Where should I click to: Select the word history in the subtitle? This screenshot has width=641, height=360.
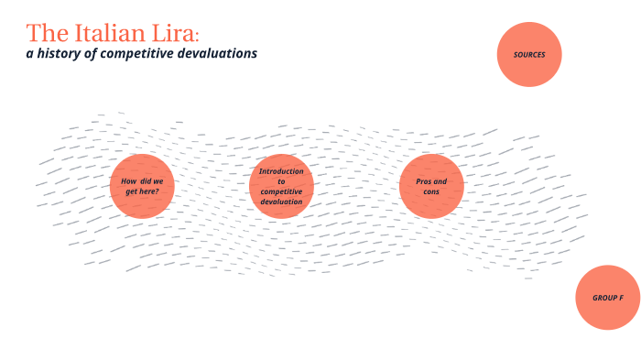tap(65, 53)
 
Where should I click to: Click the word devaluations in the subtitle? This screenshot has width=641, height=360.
tap(221, 53)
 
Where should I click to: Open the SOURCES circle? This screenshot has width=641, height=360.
tap(529, 55)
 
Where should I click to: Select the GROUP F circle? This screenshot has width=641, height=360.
tap(608, 298)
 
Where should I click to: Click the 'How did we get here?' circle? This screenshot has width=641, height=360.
tap(142, 186)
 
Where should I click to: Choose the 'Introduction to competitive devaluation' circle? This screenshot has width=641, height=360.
tap(281, 186)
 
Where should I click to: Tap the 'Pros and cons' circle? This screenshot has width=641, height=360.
tap(432, 186)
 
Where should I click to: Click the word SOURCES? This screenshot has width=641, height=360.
tap(529, 55)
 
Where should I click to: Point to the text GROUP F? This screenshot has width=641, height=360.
tap(608, 299)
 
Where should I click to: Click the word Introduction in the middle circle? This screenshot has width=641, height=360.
tap(281, 171)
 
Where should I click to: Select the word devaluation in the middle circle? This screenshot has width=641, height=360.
tap(281, 202)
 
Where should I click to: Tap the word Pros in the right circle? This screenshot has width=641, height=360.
tap(424, 181)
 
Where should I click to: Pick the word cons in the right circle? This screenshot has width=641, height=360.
tap(432, 191)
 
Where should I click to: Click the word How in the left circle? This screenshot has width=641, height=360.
tap(128, 181)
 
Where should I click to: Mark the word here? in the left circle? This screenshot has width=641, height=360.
tap(158, 191)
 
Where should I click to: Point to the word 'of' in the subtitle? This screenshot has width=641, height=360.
tap(94, 53)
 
